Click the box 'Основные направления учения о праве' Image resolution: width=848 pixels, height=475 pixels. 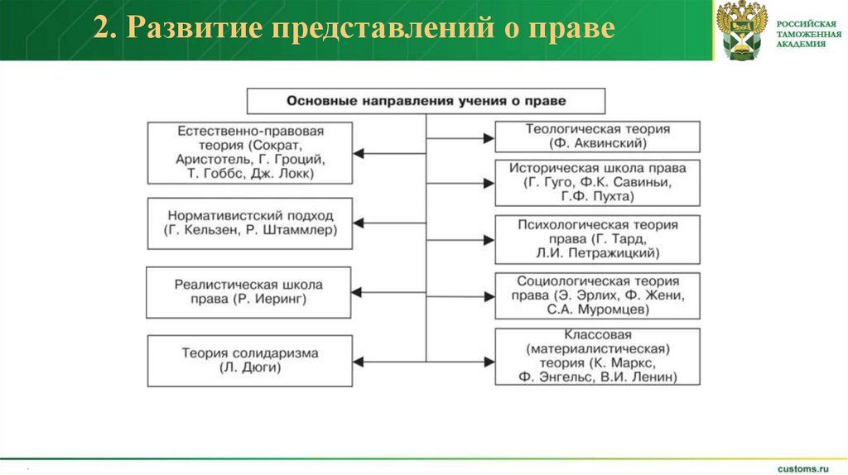[426, 100]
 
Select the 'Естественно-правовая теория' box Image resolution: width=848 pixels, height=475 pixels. [249, 153]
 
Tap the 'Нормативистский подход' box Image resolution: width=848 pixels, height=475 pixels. [249, 223]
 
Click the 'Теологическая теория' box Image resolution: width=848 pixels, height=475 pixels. [597, 137]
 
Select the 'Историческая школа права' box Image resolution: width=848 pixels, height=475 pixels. [597, 182]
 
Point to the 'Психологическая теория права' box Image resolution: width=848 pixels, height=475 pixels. [597, 239]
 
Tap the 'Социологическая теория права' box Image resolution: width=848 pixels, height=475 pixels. [597, 295]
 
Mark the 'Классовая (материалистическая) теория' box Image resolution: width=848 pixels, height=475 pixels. [597, 356]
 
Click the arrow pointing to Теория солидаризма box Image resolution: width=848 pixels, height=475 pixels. [389, 361]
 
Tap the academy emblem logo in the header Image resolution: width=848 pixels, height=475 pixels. [740, 30]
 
